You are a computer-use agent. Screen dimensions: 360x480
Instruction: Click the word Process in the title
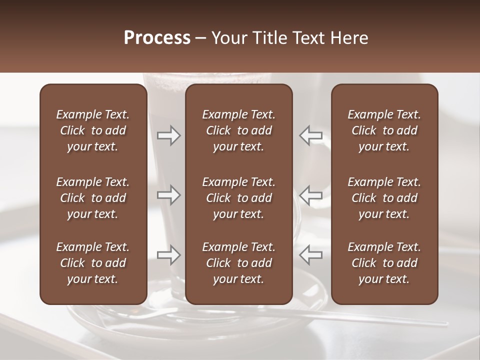coord(157,38)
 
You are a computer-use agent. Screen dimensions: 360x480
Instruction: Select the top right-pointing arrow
coord(168,135)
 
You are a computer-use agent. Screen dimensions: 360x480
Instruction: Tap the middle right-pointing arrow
coord(168,195)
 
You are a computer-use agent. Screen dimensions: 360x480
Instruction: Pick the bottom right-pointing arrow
coord(168,255)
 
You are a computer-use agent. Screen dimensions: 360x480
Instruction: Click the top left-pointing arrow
coord(310,135)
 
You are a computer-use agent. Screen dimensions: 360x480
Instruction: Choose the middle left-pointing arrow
coord(310,195)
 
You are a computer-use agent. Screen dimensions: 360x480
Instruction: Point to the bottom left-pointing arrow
coord(310,255)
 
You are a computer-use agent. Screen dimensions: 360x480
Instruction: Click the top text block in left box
coord(93,130)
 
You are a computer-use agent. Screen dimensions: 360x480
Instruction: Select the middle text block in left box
coord(93,198)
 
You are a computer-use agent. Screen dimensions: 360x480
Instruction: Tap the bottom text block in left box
coord(93,263)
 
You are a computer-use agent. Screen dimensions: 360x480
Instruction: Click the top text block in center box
coord(239,130)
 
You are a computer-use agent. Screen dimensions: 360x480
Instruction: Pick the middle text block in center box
coord(239,198)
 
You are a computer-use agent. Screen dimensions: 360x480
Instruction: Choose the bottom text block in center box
coord(239,263)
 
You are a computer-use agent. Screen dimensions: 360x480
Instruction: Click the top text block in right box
coord(384,130)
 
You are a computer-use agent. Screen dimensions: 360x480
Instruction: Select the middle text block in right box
coord(384,198)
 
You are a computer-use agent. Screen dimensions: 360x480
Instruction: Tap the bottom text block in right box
coord(384,263)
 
